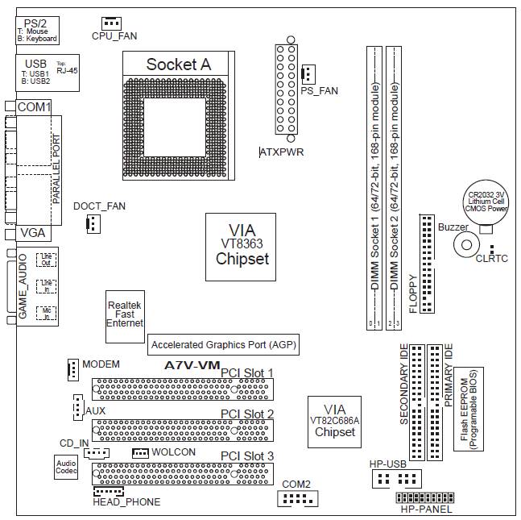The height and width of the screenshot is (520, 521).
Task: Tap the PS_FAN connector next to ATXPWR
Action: pyautogui.click(x=307, y=75)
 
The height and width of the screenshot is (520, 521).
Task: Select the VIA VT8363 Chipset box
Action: pyautogui.click(x=242, y=247)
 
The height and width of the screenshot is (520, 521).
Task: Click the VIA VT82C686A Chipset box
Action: pyautogui.click(x=335, y=421)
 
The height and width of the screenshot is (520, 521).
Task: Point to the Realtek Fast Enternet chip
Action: pyautogui.click(x=125, y=314)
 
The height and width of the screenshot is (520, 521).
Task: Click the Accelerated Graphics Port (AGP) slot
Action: pyautogui.click(x=224, y=344)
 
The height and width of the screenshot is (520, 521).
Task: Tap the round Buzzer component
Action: pyautogui.click(x=465, y=243)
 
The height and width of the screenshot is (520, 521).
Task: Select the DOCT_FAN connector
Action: pyautogui.click(x=92, y=223)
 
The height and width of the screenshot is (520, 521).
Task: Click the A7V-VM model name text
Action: pyautogui.click(x=192, y=365)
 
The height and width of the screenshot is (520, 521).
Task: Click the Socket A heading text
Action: pyautogui.click(x=178, y=64)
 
